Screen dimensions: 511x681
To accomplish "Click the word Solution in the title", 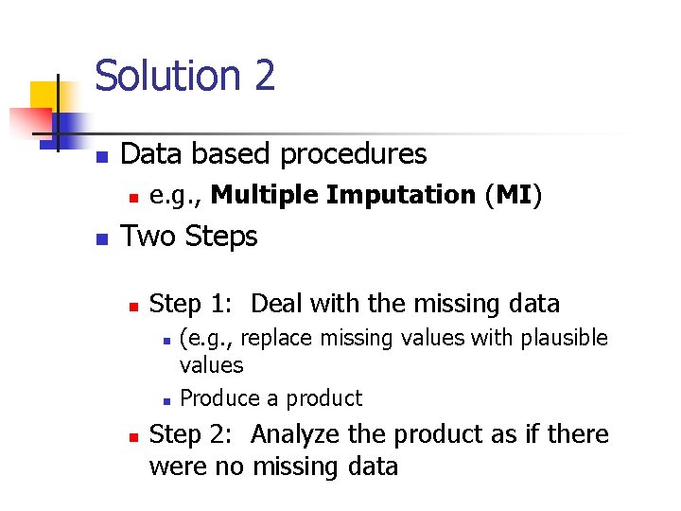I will (x=164, y=76).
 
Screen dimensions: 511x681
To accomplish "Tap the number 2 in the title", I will (x=263, y=76).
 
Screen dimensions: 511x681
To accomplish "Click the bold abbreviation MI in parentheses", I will (x=514, y=195).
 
